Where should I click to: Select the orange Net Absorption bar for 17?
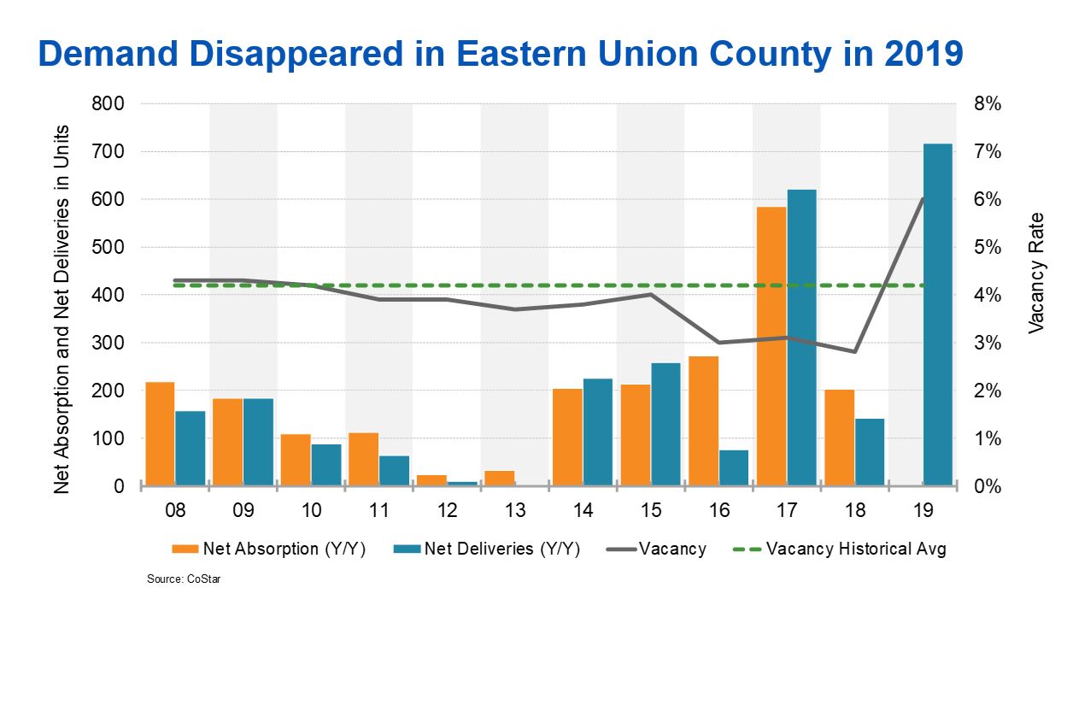point(771,346)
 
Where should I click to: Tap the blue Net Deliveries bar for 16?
point(734,467)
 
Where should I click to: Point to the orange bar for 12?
point(431,480)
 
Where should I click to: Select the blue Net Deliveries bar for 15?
point(666,424)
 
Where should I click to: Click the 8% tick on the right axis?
point(985,103)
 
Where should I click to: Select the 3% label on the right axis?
point(985,343)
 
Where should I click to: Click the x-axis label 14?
point(583,510)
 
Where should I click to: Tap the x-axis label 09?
point(243,510)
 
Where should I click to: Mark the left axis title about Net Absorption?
point(62,308)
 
